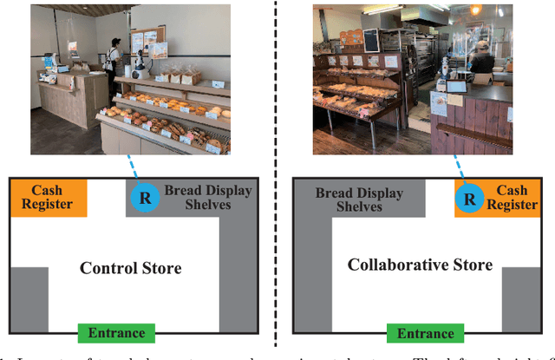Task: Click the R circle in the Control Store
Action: (145, 198)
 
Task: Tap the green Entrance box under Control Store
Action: (116, 333)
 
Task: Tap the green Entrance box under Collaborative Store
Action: (426, 333)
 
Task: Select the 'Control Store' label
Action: (130, 268)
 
